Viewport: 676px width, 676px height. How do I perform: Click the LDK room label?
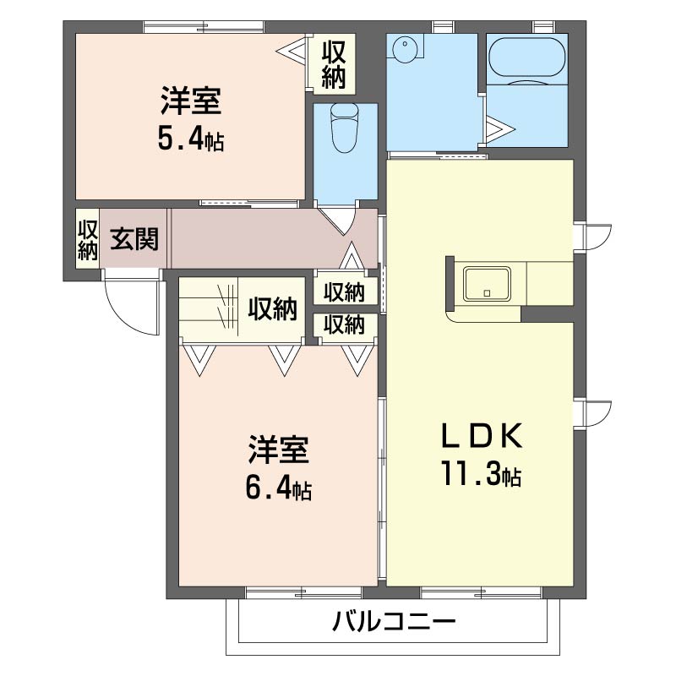(x=479, y=436)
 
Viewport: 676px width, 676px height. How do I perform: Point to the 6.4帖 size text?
(x=278, y=488)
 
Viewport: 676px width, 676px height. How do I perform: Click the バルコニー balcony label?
(x=394, y=624)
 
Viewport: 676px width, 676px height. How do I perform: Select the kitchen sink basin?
(x=486, y=283)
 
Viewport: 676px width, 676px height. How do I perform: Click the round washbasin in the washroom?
(x=406, y=49)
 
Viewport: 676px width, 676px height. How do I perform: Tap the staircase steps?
(x=206, y=308)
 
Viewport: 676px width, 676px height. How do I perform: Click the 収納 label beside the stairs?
(x=272, y=309)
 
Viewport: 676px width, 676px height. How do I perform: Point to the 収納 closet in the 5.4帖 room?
(x=334, y=63)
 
